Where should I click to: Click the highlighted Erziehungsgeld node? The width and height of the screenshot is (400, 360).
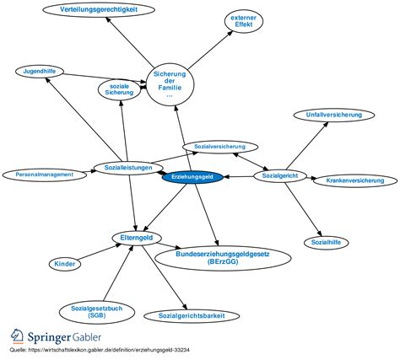192,177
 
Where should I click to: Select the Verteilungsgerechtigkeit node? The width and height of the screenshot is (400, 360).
99,10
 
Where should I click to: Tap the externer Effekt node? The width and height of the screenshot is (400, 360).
244,21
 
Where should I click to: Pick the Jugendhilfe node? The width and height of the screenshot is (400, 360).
40,72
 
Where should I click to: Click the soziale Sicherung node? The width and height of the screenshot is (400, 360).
120,89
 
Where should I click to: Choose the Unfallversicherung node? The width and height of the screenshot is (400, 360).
334,116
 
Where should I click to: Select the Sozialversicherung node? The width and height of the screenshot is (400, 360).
220,147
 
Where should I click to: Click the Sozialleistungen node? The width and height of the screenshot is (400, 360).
128,168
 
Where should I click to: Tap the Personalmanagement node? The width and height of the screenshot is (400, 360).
45,175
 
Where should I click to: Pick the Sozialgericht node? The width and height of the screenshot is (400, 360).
280,176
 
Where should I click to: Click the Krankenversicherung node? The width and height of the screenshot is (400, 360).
355,180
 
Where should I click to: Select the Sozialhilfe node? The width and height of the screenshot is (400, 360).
326,243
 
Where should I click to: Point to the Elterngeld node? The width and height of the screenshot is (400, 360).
137,238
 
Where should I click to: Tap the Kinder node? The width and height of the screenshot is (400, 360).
65,264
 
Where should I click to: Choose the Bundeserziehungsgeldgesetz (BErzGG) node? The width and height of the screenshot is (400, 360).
223,258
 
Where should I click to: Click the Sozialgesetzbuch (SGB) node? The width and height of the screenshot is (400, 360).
97,312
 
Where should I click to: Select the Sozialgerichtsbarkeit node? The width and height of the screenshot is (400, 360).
192,316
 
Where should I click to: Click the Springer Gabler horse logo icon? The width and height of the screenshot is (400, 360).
17,336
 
